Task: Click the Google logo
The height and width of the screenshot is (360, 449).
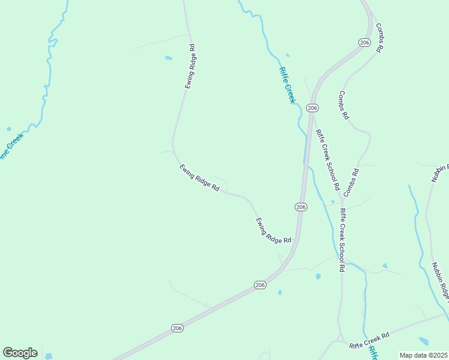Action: (20, 353)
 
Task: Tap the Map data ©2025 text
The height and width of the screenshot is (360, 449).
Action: (424, 355)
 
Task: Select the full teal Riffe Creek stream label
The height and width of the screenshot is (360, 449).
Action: (288, 85)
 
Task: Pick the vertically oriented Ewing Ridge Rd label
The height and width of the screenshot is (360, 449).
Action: (189, 67)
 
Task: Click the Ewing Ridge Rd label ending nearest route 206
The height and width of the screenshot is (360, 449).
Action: (273, 230)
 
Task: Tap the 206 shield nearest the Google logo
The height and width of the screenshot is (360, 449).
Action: (177, 328)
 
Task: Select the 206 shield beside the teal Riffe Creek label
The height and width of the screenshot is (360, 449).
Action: (312, 107)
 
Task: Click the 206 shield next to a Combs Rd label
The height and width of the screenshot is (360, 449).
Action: (364, 42)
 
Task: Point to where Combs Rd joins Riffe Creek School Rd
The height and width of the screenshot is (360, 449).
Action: (344, 199)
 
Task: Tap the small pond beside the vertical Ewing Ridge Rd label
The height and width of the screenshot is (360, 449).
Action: (169, 58)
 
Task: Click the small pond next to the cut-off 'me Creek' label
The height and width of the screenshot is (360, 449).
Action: (8, 128)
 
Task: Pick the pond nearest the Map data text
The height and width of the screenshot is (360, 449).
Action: (423, 341)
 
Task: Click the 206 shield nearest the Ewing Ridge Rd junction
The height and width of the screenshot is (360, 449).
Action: (301, 206)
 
